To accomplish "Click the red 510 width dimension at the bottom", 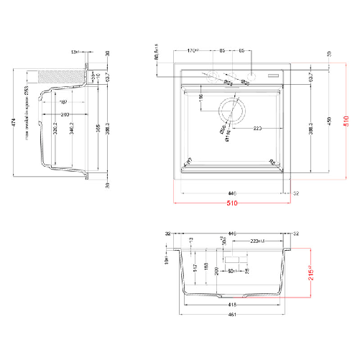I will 231,203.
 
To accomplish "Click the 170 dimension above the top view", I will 193,51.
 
